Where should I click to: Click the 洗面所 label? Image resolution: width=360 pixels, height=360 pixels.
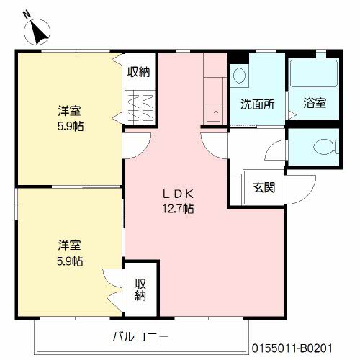(x=257, y=103)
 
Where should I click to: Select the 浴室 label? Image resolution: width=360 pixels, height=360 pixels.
(x=315, y=103)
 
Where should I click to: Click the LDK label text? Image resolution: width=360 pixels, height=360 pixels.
(x=177, y=193)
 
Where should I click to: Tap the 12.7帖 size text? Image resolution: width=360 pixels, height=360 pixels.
(x=177, y=209)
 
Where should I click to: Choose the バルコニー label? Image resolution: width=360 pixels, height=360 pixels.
(x=140, y=336)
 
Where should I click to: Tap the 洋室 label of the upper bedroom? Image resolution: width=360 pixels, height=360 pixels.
(x=69, y=111)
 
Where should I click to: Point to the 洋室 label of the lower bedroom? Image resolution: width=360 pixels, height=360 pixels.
(x=69, y=244)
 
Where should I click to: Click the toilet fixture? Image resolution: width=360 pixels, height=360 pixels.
(x=325, y=147)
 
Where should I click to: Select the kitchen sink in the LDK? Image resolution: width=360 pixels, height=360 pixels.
(x=214, y=111)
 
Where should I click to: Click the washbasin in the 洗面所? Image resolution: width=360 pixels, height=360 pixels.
(x=240, y=75)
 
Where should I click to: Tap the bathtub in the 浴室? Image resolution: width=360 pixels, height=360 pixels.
(x=315, y=74)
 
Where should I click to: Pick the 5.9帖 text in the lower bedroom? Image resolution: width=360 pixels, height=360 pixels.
(x=69, y=260)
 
